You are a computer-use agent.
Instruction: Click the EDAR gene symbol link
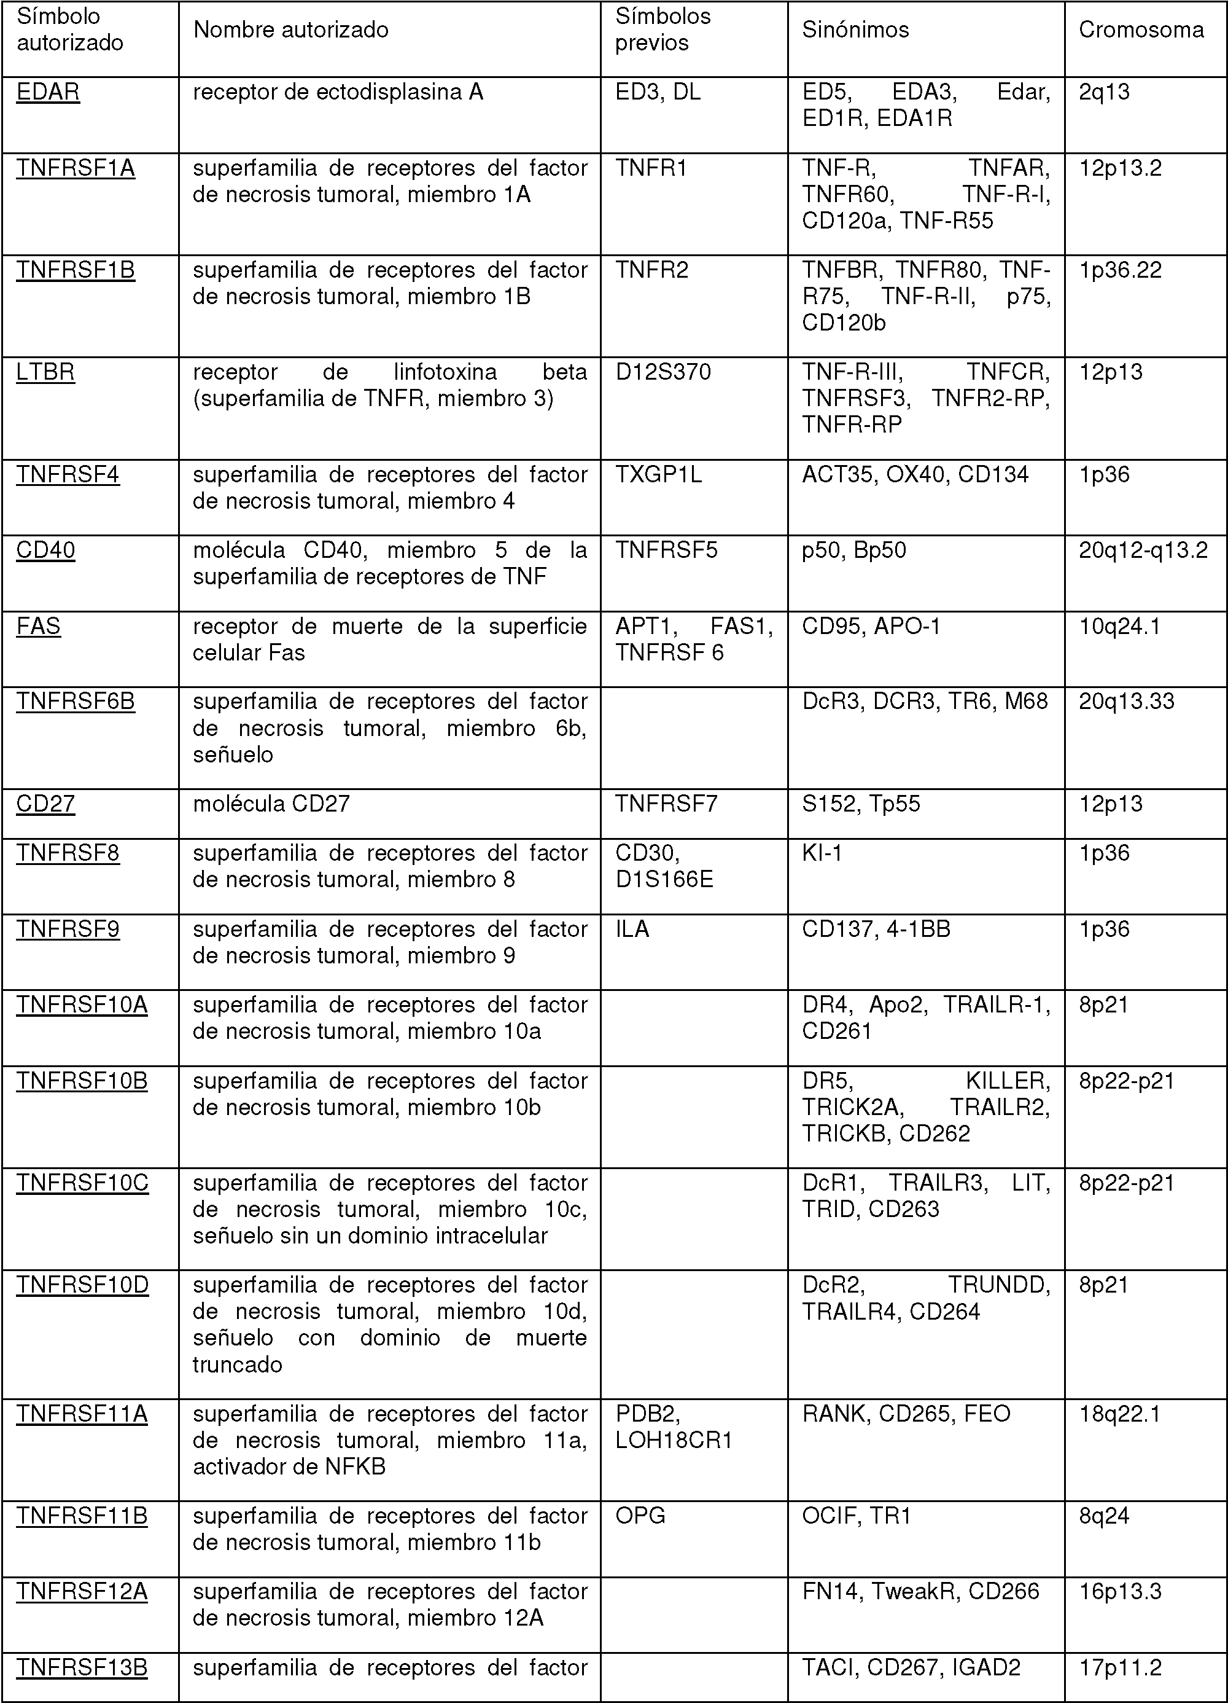tap(48, 92)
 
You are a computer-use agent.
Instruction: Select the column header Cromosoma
tap(1141, 30)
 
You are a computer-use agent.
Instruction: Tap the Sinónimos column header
tap(855, 30)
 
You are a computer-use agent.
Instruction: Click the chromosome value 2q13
tap(1103, 92)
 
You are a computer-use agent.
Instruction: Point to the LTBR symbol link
tap(46, 372)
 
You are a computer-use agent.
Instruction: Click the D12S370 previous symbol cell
tap(663, 372)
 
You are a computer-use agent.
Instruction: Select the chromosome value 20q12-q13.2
tap(1143, 550)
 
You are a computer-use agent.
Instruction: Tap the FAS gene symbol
tap(38, 626)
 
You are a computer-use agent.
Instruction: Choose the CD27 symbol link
tap(46, 804)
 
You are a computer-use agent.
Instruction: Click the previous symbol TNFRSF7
tap(666, 804)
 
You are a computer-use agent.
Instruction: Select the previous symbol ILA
tap(632, 930)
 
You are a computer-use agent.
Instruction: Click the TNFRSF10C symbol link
tap(82, 1183)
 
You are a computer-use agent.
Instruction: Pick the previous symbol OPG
tap(640, 1516)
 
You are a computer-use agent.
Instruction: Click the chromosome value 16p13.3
tap(1119, 1592)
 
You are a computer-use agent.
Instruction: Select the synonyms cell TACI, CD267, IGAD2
tap(911, 1668)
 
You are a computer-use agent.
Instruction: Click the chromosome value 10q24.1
tap(1119, 626)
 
